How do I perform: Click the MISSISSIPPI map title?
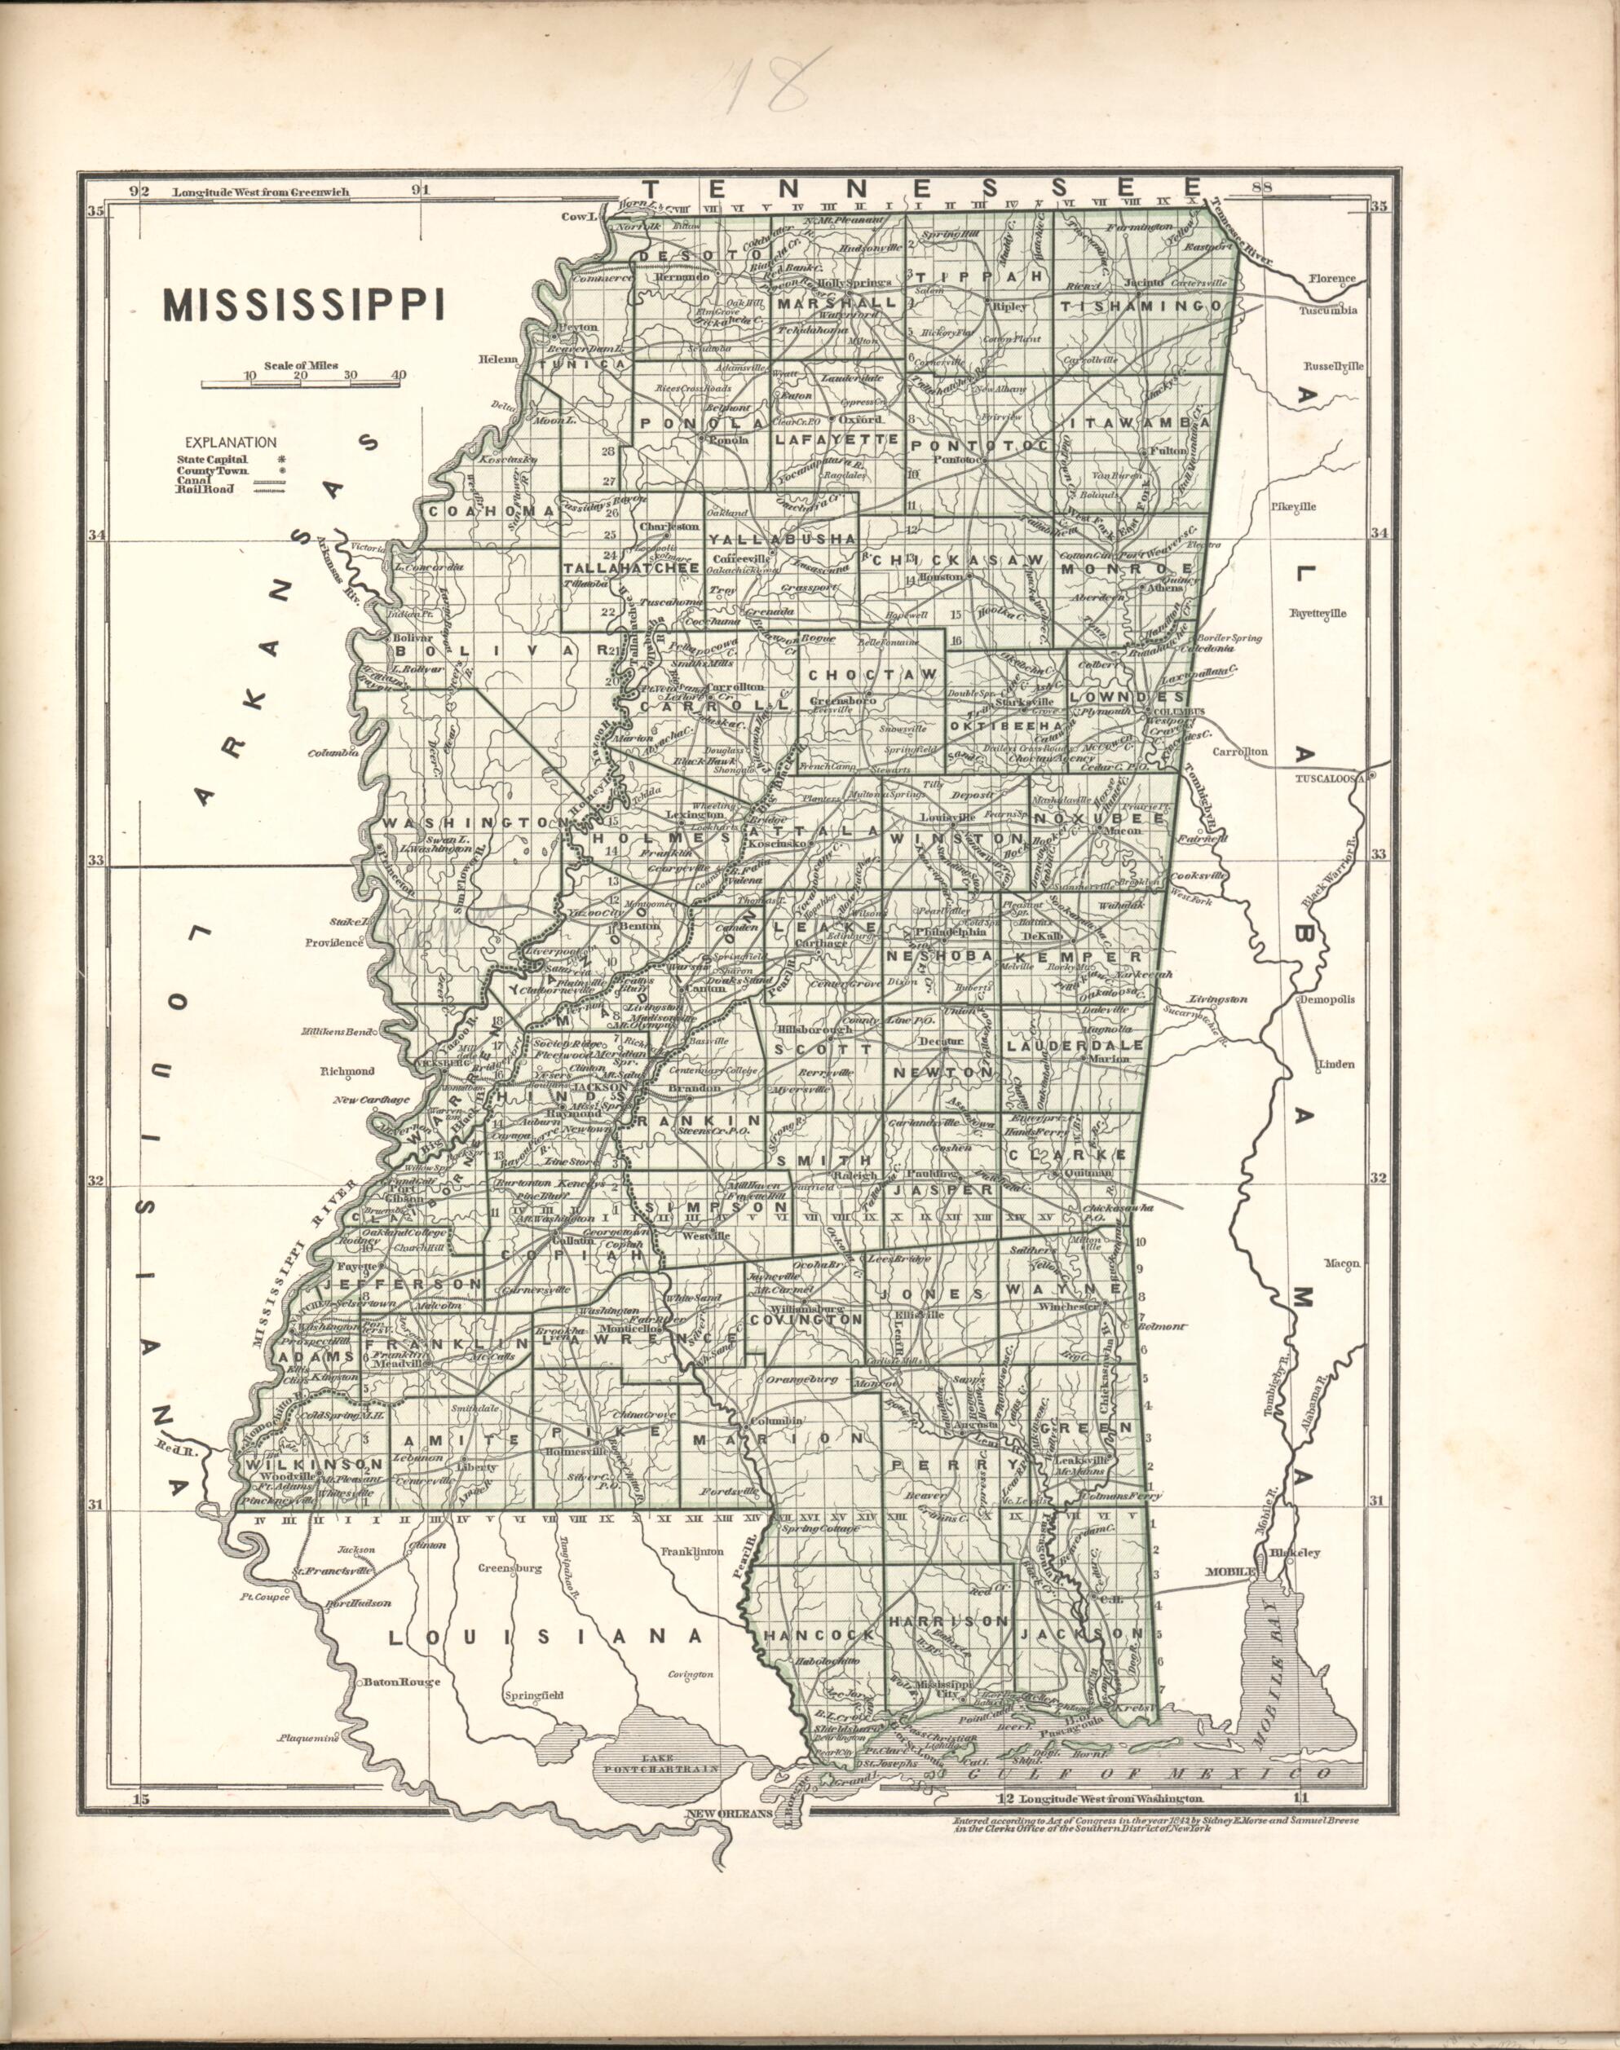point(304,306)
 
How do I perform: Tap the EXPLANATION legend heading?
point(231,442)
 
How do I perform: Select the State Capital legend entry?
point(213,459)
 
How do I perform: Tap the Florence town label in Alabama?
point(1333,280)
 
